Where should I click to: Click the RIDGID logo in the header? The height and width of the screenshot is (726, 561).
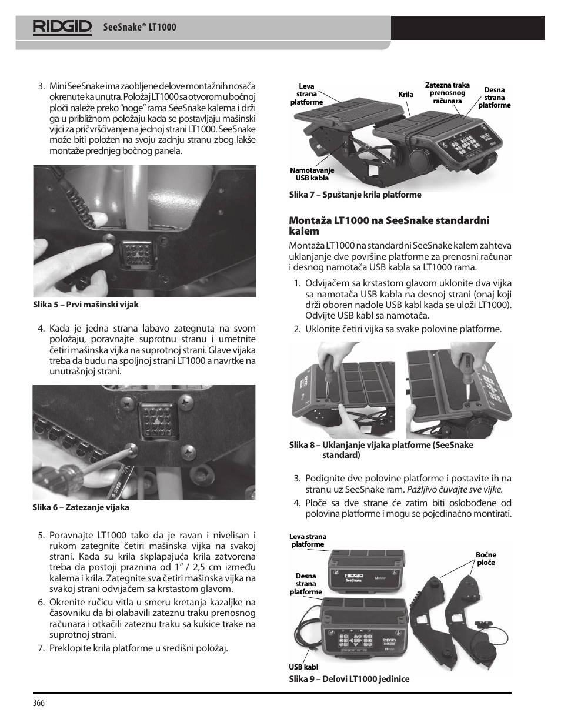tap(62, 27)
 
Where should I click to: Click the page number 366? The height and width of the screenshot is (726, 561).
tap(39, 704)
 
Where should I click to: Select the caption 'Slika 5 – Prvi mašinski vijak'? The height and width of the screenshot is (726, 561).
tap(85, 305)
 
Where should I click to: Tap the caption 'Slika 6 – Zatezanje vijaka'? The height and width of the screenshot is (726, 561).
tap(81, 507)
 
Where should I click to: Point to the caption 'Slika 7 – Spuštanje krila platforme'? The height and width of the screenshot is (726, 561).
tap(355, 195)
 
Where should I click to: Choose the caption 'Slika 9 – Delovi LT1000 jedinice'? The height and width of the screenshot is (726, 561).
tap(349, 679)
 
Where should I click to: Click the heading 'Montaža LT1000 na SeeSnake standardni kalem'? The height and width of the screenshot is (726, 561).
tap(389, 226)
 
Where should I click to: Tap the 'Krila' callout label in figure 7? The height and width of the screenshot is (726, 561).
tap(406, 94)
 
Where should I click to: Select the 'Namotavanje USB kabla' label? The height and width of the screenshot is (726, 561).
tap(312, 174)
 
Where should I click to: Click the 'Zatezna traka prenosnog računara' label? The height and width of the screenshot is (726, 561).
tap(447, 93)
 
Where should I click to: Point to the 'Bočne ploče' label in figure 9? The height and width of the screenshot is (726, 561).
tap(486, 558)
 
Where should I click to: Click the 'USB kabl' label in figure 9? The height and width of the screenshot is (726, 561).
tap(303, 667)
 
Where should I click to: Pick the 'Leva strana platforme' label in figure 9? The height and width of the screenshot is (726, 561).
tap(308, 540)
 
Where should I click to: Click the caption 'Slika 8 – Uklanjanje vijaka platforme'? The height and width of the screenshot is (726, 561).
tap(381, 450)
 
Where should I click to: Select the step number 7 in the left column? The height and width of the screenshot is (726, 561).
tap(41, 648)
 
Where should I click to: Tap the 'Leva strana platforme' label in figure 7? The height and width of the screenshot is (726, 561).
tap(306, 94)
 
